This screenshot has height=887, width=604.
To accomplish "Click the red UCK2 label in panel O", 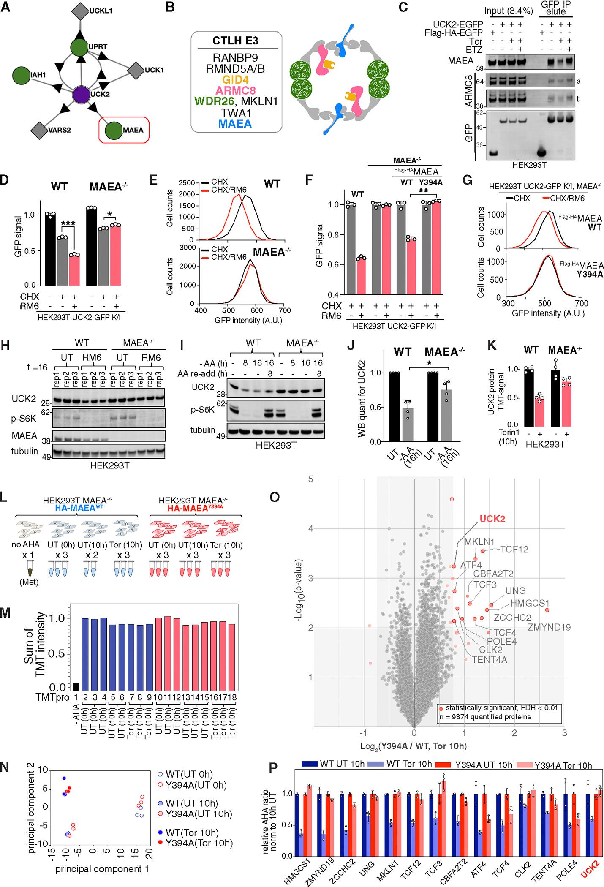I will tap(492, 519).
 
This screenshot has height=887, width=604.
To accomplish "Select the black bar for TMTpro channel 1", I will tap(76, 685).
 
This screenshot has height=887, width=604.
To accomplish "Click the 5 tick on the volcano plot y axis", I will tap(311, 479).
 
